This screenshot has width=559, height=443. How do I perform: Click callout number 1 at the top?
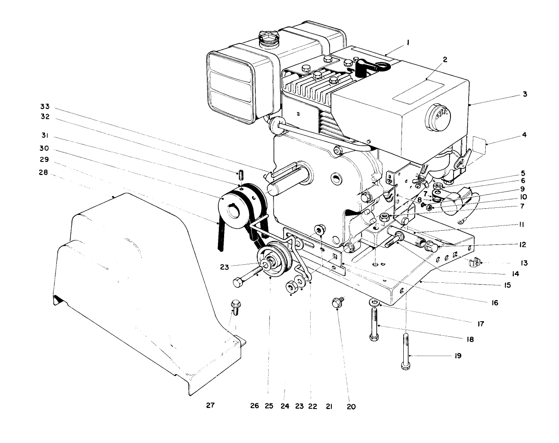coord(408,43)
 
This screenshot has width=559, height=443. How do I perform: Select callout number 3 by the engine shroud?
coord(525,94)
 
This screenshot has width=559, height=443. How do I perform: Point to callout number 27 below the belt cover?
coord(210,405)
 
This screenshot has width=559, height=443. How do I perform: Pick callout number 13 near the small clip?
coord(524,263)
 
